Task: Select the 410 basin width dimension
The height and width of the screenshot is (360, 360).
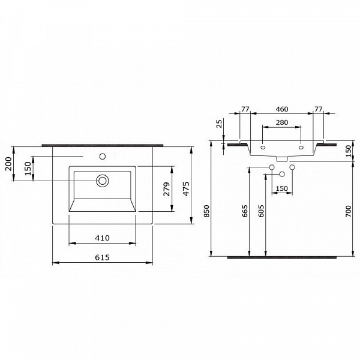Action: click(102, 238)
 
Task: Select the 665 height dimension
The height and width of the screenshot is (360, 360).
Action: click(245, 211)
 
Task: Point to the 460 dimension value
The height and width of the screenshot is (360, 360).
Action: click(281, 109)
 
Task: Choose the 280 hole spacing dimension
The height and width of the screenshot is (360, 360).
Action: click(281, 122)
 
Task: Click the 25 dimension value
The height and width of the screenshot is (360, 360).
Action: click(220, 124)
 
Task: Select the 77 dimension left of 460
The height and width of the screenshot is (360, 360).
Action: click(245, 109)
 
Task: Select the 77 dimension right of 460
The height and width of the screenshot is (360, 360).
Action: click(318, 109)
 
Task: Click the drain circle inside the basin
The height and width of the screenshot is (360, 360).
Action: click(103, 179)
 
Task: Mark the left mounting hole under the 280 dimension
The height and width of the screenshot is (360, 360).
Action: click(263, 146)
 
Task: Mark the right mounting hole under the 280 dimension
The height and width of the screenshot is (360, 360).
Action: click(301, 146)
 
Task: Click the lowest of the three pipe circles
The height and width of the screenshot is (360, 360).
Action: click(281, 174)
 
